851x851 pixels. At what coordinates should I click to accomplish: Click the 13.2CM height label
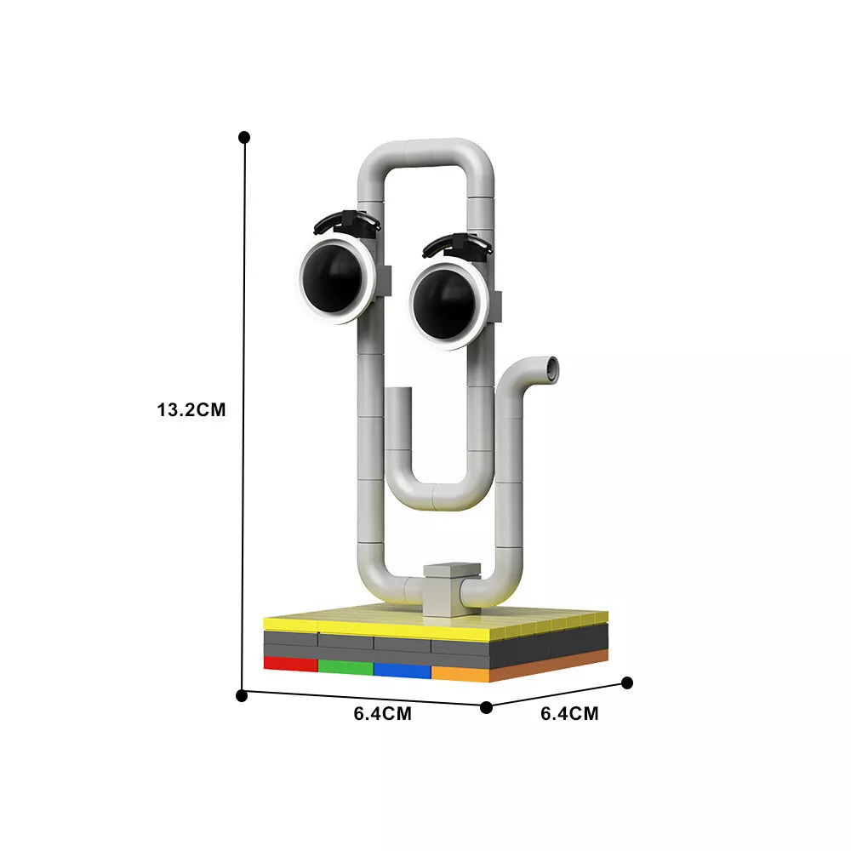tap(191, 409)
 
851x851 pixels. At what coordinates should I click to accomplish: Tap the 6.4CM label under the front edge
tap(383, 713)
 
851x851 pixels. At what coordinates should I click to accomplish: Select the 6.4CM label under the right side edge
tap(569, 713)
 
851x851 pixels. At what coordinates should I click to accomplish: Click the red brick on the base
tap(290, 664)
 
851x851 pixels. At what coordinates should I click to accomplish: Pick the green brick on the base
tap(346, 667)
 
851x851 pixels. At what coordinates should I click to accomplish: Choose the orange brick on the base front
tap(460, 673)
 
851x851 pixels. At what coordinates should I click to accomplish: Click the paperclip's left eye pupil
tap(332, 277)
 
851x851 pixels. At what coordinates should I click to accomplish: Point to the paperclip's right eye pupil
tap(444, 304)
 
